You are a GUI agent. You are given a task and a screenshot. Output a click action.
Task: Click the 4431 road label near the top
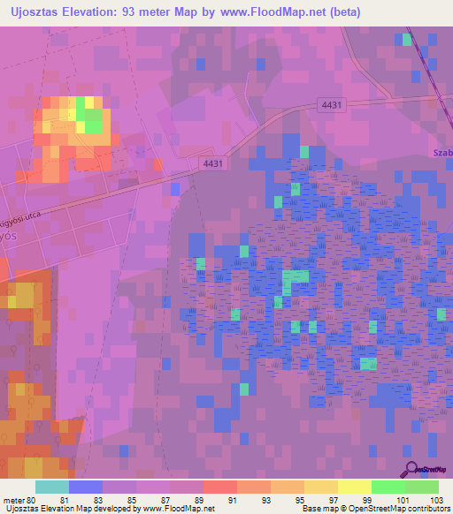332,104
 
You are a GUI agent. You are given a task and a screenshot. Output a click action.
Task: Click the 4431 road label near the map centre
213,163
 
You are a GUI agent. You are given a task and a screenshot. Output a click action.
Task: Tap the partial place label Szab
442,153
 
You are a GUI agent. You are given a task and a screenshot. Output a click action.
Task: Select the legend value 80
31,500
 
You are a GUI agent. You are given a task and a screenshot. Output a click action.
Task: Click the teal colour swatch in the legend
51,487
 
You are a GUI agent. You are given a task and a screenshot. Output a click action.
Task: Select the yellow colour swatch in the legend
354,487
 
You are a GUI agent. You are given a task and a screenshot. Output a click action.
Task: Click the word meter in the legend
12,500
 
